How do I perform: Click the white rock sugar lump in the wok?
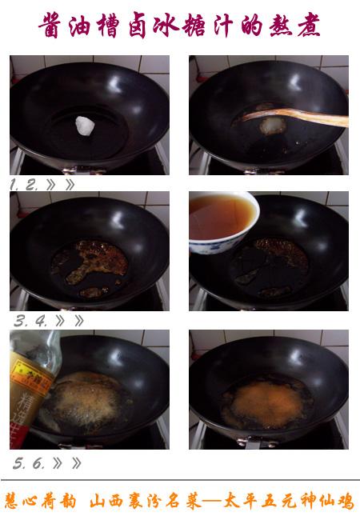pyautogui.click(x=85, y=125)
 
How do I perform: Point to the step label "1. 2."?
pyautogui.click(x=24, y=184)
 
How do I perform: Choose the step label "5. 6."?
pyautogui.click(x=30, y=463)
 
